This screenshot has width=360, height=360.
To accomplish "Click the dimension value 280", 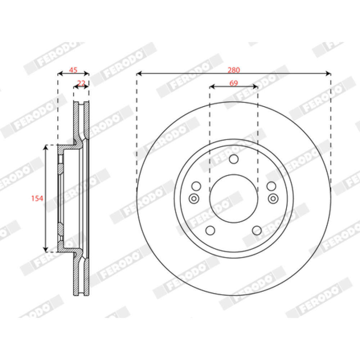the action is (234, 70).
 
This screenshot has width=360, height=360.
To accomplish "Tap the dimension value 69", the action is (234, 83).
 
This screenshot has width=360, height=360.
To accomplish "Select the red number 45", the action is (73, 70).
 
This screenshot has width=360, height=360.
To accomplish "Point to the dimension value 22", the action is (81, 83).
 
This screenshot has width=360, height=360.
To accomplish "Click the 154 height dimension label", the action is (37, 198).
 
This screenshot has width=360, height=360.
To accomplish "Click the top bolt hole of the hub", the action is (234, 159).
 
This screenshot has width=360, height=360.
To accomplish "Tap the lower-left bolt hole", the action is (210, 230).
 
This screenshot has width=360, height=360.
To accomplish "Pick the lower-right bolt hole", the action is (257, 230).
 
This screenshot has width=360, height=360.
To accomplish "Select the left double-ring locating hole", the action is (194, 199).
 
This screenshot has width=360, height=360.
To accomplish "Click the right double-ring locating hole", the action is (273, 199).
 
